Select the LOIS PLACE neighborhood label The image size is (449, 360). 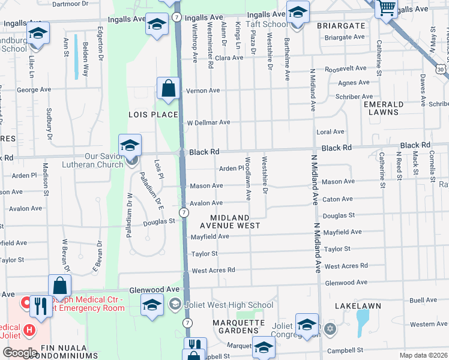coord(153,115)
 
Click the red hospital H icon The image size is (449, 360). coord(28,329)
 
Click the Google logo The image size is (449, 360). coord(19,353)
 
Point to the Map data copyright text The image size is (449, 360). coord(423,355)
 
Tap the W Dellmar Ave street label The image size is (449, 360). coord(209,122)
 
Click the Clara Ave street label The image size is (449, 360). coord(229,58)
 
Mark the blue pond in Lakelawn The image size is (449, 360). coord(362,322)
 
